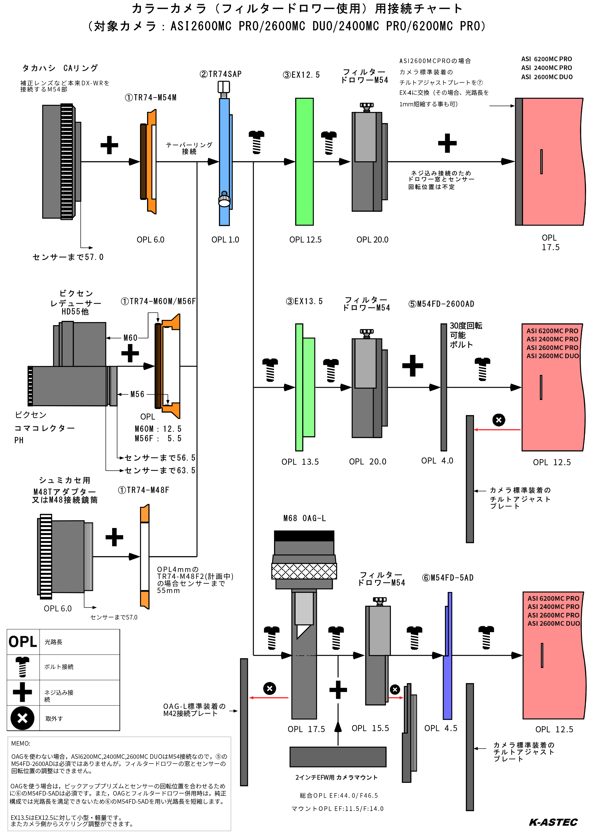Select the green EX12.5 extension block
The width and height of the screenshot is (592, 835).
click(x=304, y=162)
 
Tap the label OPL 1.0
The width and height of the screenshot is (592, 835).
click(x=225, y=239)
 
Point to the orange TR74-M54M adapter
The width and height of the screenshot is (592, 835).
click(x=149, y=162)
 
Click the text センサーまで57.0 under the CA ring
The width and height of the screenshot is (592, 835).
click(x=68, y=257)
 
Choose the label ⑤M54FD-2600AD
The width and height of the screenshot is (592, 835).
click(x=441, y=304)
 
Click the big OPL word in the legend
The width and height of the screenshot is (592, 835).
click(x=23, y=641)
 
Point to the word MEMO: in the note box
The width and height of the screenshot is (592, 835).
click(x=21, y=743)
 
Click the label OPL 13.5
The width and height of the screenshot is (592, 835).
click(x=300, y=462)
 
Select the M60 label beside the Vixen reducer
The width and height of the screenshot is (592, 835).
click(x=130, y=338)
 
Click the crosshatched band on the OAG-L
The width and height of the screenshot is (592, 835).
click(x=304, y=571)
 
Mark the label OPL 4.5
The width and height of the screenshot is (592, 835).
click(x=441, y=728)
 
